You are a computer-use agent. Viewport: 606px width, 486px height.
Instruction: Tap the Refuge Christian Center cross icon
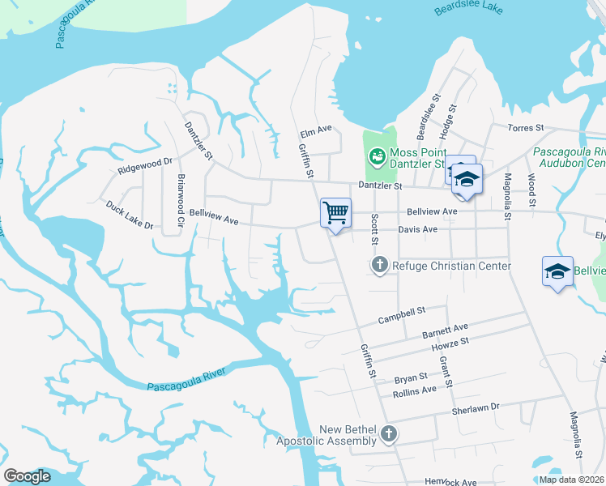pyautogui.click(x=379, y=265)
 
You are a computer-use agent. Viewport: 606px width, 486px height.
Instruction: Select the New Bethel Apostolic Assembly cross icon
pyautogui.click(x=389, y=434)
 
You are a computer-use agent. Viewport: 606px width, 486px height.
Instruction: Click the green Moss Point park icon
pyautogui.click(x=376, y=156)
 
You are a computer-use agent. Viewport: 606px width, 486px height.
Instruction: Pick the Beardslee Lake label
pyautogui.click(x=469, y=9)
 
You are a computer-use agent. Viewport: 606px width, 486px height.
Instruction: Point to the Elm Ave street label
pyautogui.click(x=316, y=129)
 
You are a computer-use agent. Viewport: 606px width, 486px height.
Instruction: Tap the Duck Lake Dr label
pyautogui.click(x=129, y=215)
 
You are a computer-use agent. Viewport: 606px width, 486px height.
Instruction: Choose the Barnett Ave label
pyautogui.click(x=446, y=331)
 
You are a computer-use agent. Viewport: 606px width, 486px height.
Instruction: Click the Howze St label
pyautogui.click(x=450, y=347)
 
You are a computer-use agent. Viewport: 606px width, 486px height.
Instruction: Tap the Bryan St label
pyautogui.click(x=410, y=378)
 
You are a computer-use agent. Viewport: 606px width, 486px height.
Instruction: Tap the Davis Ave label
pyautogui.click(x=417, y=229)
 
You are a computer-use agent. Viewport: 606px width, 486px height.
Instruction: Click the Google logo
pyautogui.click(x=27, y=476)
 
